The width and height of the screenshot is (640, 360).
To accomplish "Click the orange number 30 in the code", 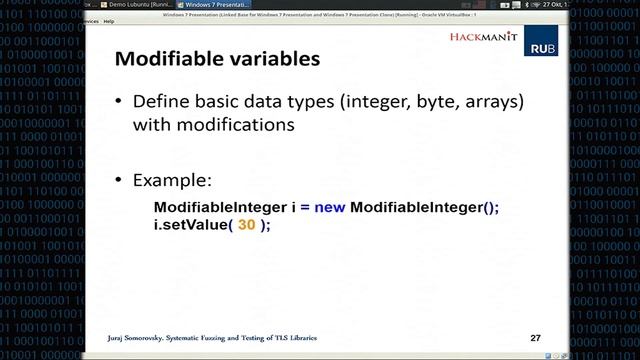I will (247, 225).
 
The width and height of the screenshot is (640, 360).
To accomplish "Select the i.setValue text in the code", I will (189, 225).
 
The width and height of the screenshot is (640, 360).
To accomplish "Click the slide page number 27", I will (535, 337).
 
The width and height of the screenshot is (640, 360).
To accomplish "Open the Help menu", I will (108, 20).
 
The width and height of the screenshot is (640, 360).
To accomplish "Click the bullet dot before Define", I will (120, 104).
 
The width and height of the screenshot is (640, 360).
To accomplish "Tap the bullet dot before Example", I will (120, 181).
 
